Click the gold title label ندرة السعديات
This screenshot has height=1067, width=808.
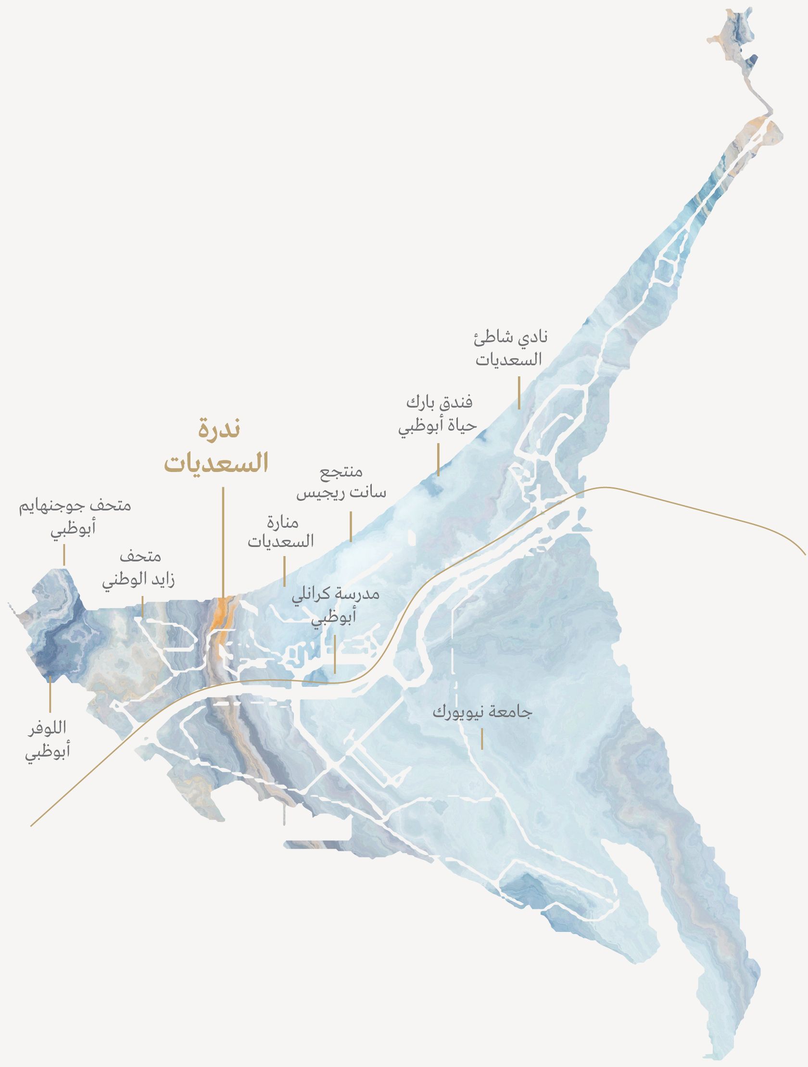[216, 448]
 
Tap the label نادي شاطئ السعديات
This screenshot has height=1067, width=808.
[511, 348]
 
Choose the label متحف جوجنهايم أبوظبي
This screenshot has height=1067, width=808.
[75, 517]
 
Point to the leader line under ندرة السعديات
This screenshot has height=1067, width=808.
[223, 540]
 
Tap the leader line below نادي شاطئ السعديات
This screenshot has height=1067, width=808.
[519, 393]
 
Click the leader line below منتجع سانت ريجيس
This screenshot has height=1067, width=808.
[351, 527]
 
